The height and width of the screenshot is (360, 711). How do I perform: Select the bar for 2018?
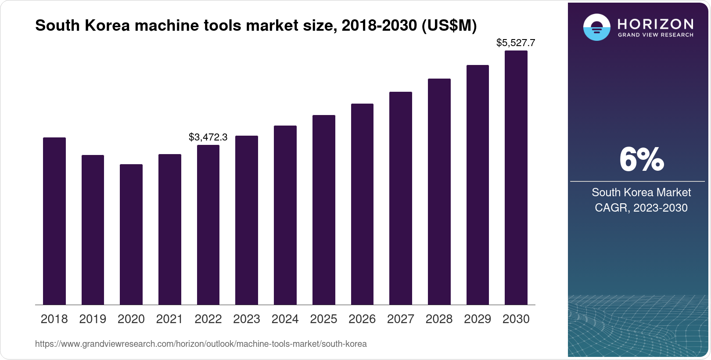54,221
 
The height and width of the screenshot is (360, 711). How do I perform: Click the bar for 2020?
131,234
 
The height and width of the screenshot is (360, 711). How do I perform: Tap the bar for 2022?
208,225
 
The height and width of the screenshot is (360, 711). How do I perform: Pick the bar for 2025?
323,210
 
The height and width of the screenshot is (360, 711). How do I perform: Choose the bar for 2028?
439,192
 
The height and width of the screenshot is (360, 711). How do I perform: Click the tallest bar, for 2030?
516,178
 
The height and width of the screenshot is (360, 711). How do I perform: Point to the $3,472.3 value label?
208,137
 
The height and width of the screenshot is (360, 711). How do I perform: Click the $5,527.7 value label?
516,43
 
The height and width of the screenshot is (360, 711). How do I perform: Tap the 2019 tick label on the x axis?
93,319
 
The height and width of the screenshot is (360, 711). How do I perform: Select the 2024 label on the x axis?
285,319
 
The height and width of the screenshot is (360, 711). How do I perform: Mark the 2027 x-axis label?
400,319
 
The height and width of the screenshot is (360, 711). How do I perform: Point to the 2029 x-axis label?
478,319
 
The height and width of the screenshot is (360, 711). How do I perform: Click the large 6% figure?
641,160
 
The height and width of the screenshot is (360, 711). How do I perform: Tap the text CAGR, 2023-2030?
641,208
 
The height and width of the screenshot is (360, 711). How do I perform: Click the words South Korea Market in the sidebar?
641,192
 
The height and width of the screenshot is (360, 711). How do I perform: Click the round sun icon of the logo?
596,27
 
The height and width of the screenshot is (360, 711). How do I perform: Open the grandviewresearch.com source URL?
201,344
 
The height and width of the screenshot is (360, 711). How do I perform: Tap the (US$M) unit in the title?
449,25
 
